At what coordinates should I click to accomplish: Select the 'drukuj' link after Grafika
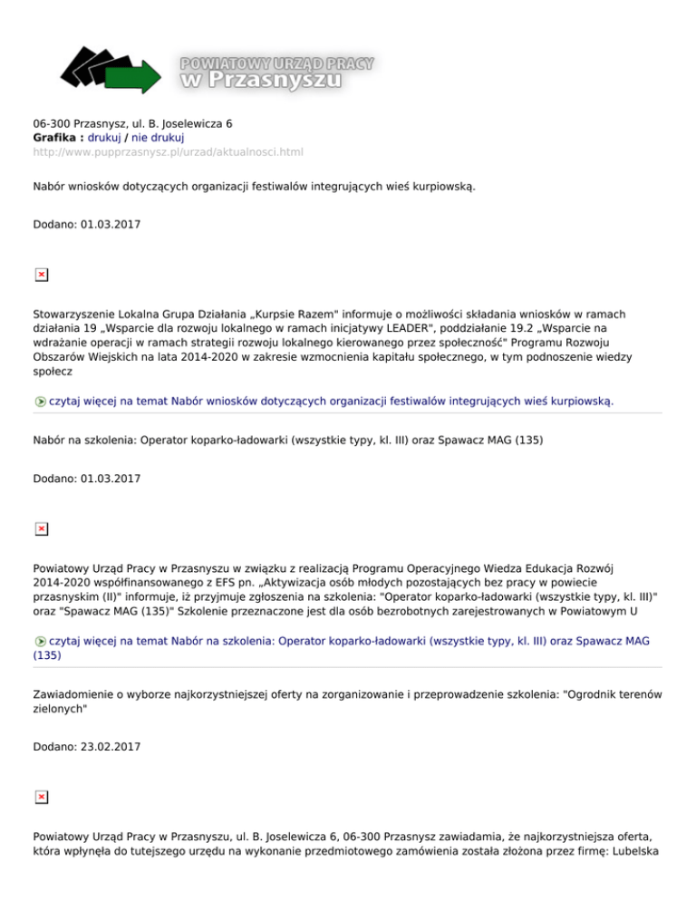[x=104, y=137]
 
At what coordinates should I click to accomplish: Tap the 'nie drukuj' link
[x=159, y=137]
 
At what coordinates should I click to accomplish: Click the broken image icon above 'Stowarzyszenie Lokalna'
[x=41, y=274]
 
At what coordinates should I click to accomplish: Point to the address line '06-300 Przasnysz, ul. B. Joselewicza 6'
[x=133, y=122]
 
